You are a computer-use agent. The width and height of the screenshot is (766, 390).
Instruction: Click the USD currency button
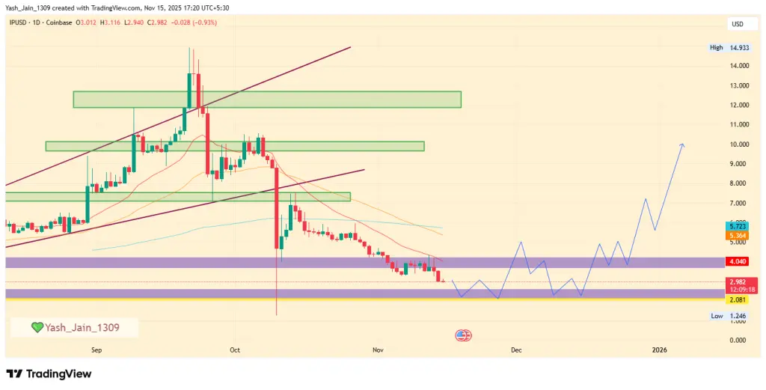pyautogui.click(x=738, y=24)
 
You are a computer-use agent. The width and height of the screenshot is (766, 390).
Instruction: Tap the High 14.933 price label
pyautogui.click(x=730, y=48)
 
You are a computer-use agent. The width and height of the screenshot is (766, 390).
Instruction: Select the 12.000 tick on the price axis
pyautogui.click(x=739, y=105)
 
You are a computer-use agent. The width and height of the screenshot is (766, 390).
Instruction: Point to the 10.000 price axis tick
pyautogui.click(x=739, y=144)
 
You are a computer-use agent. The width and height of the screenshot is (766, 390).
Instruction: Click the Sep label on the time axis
pyautogui.click(x=96, y=350)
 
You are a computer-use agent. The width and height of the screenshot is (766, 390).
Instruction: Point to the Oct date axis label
pyautogui.click(x=235, y=350)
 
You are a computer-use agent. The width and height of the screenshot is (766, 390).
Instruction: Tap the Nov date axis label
pyautogui.click(x=377, y=350)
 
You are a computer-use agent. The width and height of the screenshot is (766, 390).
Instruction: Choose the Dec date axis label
pyautogui.click(x=515, y=350)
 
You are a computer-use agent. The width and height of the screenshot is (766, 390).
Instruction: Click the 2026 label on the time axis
pyautogui.click(x=659, y=350)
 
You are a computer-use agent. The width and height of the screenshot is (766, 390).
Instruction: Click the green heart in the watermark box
pyautogui.click(x=37, y=327)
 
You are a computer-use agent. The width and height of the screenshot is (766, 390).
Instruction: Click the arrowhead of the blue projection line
pyautogui.click(x=682, y=144)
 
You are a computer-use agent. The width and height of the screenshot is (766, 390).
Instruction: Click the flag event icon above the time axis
pyautogui.click(x=463, y=335)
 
